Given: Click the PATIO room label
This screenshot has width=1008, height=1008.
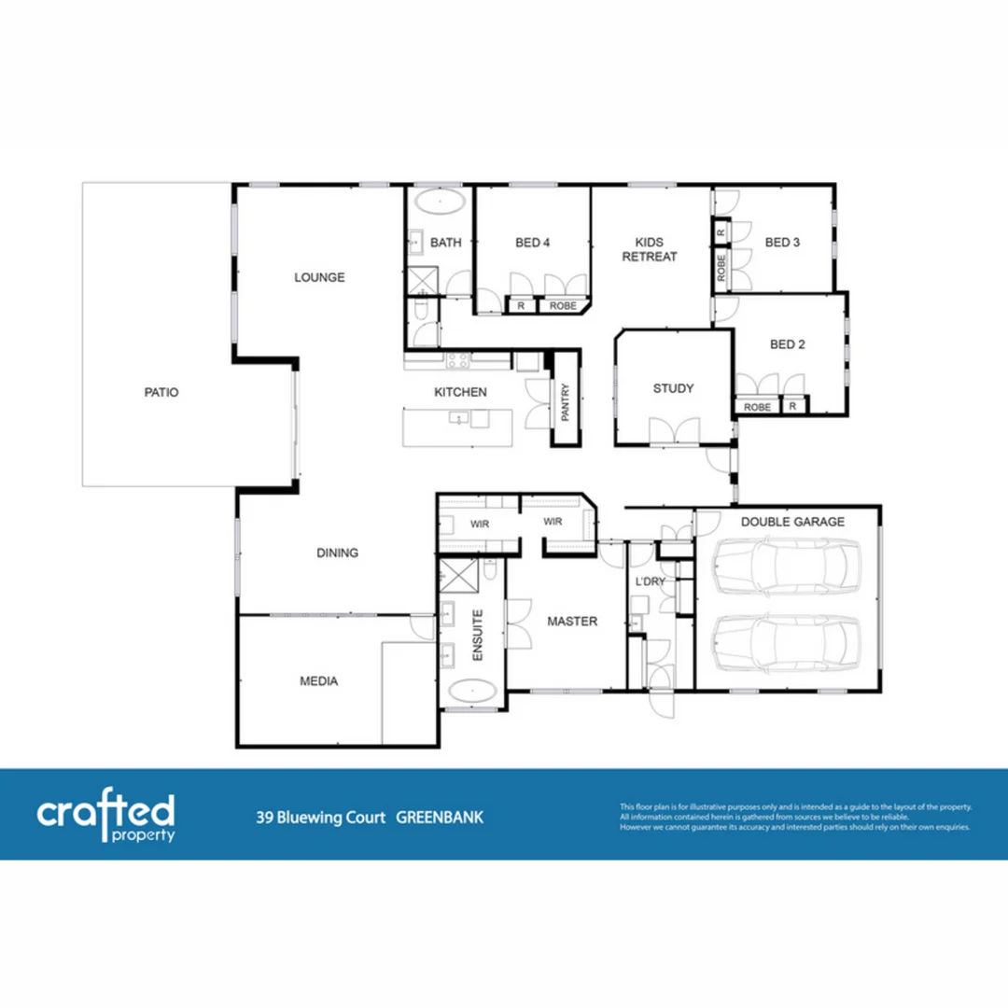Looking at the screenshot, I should click(161, 393).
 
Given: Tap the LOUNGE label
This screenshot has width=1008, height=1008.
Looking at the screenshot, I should click(319, 277).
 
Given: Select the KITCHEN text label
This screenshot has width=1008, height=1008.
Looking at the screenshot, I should click(460, 392).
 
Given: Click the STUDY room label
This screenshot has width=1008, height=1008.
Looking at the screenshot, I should click(673, 388).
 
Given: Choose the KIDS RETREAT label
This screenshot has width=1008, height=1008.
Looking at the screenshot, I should click(650, 249).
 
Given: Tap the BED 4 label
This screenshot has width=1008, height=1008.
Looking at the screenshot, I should click(533, 243).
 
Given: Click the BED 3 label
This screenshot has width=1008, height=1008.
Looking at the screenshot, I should click(782, 243).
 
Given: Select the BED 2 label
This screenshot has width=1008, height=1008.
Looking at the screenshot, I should click(788, 344).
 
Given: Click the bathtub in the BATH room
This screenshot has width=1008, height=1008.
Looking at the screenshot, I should click(439, 203).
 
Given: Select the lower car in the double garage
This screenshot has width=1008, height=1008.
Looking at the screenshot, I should click(784, 643).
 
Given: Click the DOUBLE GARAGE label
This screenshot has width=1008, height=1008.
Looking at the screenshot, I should click(792, 522).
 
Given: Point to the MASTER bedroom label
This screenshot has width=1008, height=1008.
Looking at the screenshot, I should click(572, 622).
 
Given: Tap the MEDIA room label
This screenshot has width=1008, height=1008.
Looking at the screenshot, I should click(318, 681).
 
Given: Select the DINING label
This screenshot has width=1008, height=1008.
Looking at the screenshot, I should click(337, 553).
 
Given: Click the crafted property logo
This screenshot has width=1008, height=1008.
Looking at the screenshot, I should click(105, 816).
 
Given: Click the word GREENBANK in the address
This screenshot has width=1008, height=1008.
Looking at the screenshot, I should click(440, 819).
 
